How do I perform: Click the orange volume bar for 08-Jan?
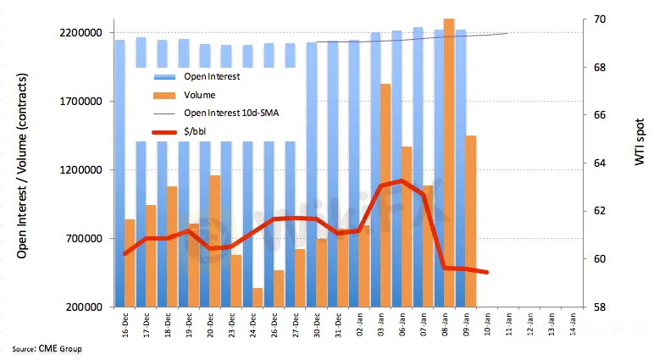[449, 161]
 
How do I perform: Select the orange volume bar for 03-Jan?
[385, 195]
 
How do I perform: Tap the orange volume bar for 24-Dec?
[257, 296]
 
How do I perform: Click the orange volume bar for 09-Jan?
[470, 220]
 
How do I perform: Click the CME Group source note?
[47, 349]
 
